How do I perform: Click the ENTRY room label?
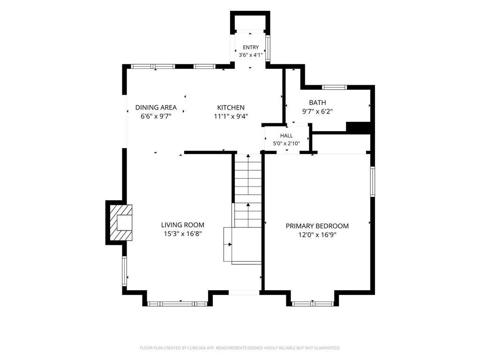[x=251, y=47]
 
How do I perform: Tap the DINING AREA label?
[x=156, y=107]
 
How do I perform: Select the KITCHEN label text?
[x=231, y=107]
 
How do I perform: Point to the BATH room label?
[x=317, y=103]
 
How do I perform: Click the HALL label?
[x=286, y=135]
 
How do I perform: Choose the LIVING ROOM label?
[x=183, y=225]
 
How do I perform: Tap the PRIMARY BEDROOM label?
[x=317, y=226]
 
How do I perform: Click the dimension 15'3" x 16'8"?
[x=183, y=234]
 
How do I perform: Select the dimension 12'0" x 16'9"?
[x=317, y=235]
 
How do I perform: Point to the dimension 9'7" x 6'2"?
[x=317, y=112]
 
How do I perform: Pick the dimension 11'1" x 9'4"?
[x=231, y=116]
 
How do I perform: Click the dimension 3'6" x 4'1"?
[x=251, y=55]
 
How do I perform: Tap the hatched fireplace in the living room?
[x=121, y=223]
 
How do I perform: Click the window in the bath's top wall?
[x=334, y=87]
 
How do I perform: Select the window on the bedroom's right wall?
[x=373, y=181]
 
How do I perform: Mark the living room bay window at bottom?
[x=178, y=304]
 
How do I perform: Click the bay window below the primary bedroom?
[x=313, y=304]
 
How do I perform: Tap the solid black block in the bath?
[x=359, y=127]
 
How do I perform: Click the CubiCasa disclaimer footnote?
[x=240, y=348]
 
